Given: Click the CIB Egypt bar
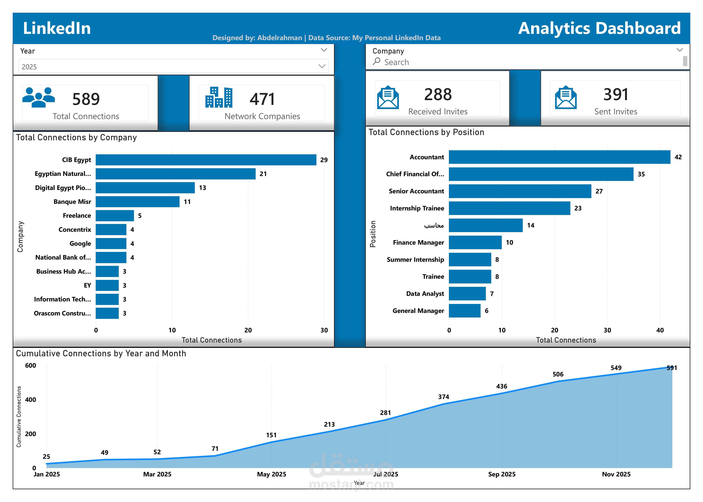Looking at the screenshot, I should point(206,160).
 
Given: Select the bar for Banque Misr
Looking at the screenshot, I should point(138,202).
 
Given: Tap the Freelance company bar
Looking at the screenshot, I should point(115,216).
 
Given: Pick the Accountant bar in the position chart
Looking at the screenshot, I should point(559,157).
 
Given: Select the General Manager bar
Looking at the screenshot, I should point(464,311).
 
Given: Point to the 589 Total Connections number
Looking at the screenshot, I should point(86,99).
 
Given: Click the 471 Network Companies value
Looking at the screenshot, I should point(262,99).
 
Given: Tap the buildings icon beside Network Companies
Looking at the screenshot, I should point(219,97).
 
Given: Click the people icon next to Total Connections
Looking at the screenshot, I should point(39,97).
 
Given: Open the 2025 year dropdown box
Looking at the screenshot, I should point(173,66).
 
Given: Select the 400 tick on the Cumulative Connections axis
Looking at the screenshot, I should point(31,400).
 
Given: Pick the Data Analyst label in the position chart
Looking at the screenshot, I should point(425,294).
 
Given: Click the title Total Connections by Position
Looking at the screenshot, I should point(426,132).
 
